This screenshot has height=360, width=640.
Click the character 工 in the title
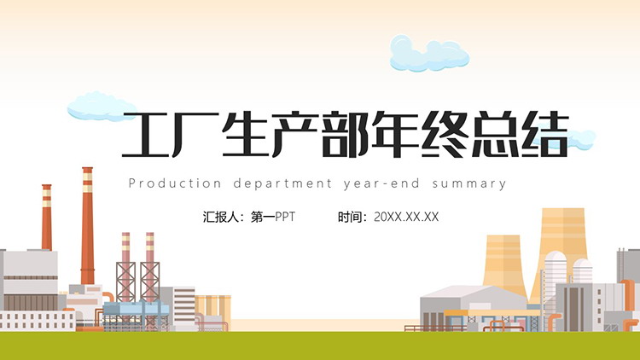point(146,135)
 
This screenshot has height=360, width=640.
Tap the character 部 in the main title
point(346,134)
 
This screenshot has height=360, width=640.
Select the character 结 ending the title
point(544,134)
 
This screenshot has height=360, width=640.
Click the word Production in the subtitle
point(175,183)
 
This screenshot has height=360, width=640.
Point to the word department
point(282,183)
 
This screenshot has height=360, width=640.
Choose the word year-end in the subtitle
point(381,183)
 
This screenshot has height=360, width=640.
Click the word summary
point(469,184)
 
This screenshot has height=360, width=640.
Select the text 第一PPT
point(273,217)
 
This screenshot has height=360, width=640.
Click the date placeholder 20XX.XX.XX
point(406,217)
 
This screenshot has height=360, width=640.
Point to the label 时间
point(350,217)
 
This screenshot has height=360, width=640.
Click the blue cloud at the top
point(429,54)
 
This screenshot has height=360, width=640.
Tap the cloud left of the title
point(102,106)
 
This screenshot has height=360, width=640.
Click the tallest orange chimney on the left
point(87,226)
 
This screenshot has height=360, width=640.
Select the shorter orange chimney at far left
point(47,218)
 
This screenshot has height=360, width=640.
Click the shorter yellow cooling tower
point(504,264)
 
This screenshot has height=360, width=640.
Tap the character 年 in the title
point(395,134)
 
